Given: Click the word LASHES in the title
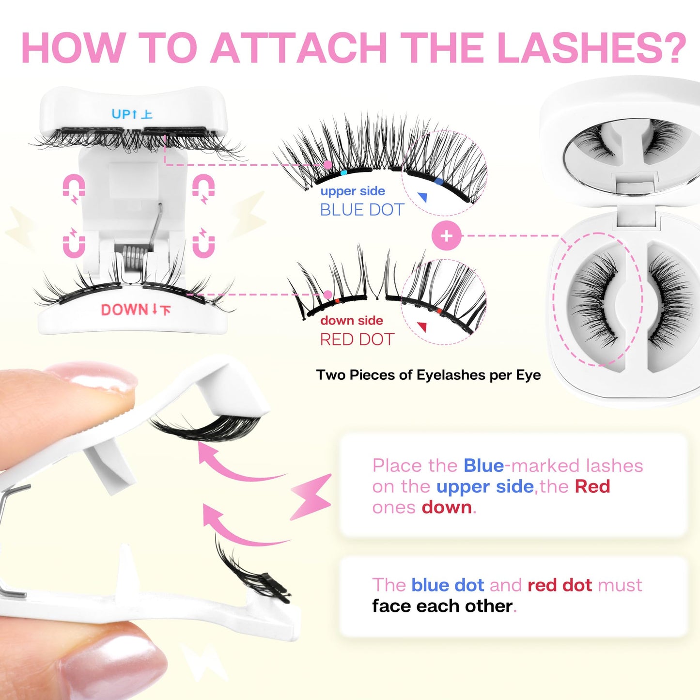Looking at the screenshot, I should coord(591,48).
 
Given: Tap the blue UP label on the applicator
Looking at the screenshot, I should coord(131,114).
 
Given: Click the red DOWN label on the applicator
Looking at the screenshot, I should coord(135,310).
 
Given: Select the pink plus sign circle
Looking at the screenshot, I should coord(446,236).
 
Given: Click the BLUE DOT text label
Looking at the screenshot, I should coord(362,210).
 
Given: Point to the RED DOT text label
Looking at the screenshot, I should coord(357,340).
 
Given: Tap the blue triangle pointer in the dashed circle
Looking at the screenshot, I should coord(422,197).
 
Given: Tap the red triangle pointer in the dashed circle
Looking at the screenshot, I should coord(422,327).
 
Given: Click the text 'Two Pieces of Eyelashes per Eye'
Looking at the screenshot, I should coord(428,375).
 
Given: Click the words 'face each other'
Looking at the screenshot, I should coord(442,606).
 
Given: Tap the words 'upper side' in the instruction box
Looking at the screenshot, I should coord(484,486).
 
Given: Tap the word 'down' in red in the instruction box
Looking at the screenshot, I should coord(446,507).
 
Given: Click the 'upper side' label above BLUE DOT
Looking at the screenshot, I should coord(353,191).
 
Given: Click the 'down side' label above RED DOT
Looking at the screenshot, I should coord(352,321).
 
